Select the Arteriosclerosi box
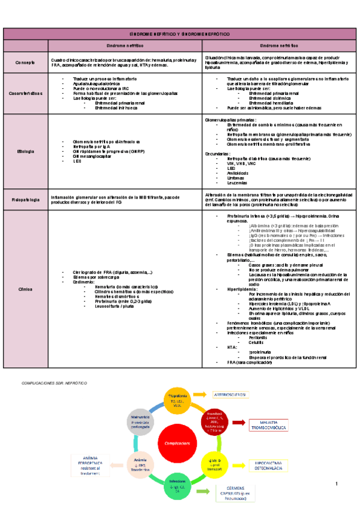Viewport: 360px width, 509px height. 230,394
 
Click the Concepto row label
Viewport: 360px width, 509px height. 26,62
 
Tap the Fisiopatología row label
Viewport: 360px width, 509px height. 26,199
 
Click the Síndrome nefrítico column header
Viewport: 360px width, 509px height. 125,46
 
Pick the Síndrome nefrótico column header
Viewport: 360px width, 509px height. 280,46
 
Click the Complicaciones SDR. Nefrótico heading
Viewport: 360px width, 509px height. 55,382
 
